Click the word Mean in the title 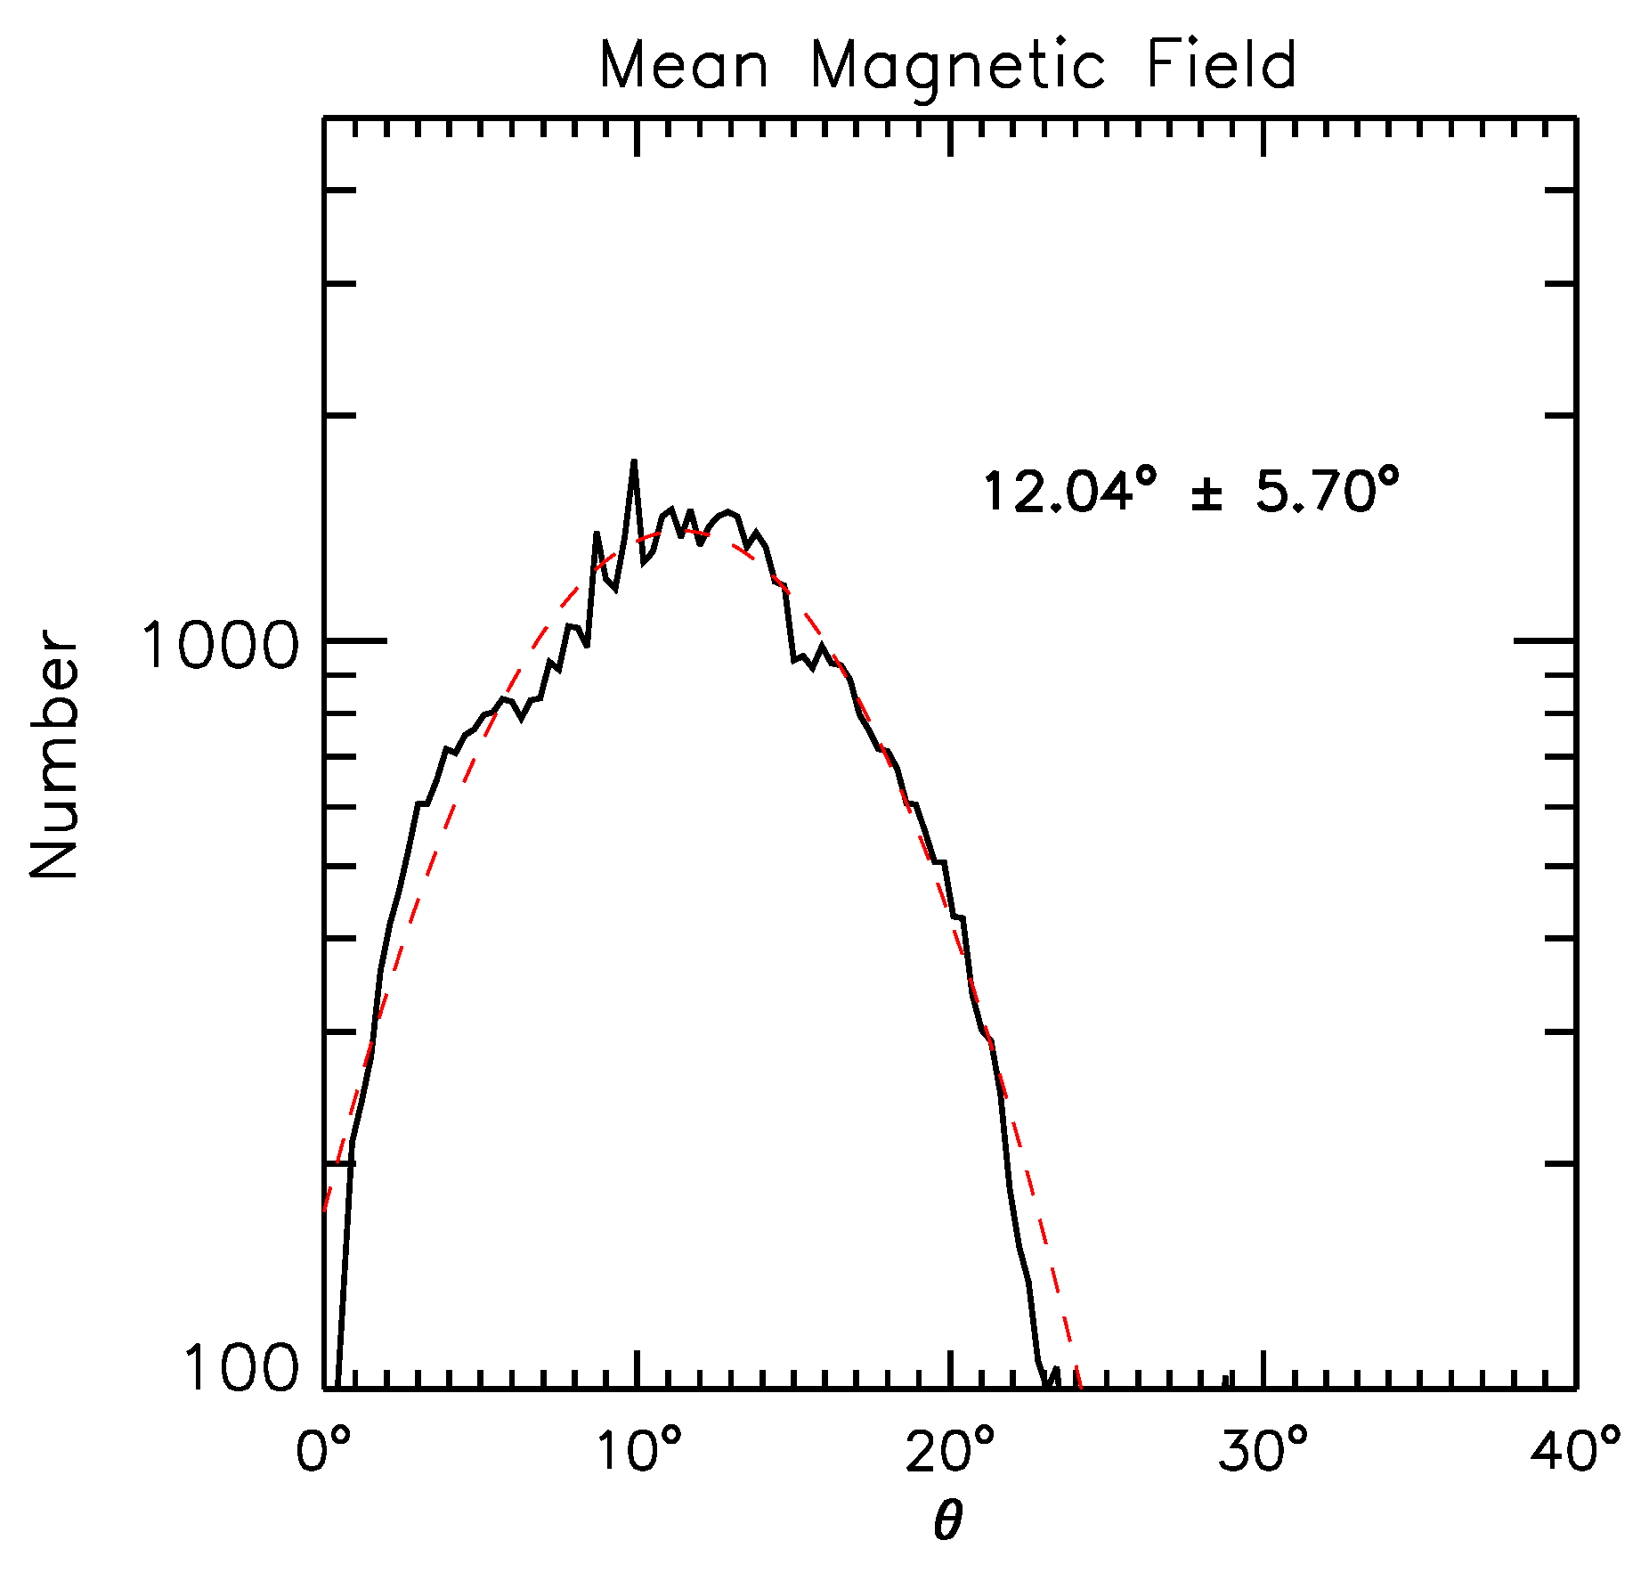click(683, 66)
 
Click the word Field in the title click(1221, 66)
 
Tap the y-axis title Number click(55, 754)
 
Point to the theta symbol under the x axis click(948, 1521)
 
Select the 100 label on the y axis click(240, 1368)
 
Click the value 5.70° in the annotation click(1328, 492)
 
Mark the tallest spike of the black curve click(634, 463)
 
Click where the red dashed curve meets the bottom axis click(1079, 1386)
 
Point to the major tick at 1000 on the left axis click(356, 640)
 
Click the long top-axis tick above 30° click(1263, 135)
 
